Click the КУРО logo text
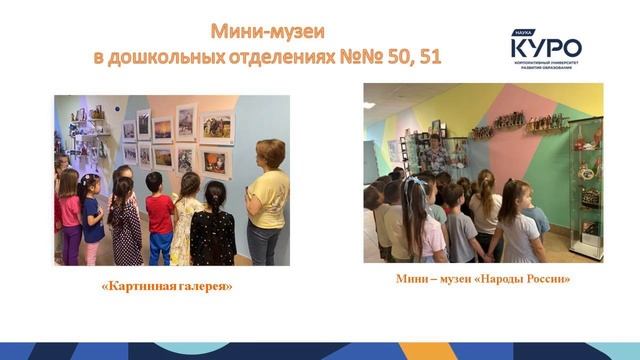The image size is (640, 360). [x=545, y=47]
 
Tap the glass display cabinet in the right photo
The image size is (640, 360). [x=586, y=190]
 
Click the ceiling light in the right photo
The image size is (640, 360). [x=369, y=104]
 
